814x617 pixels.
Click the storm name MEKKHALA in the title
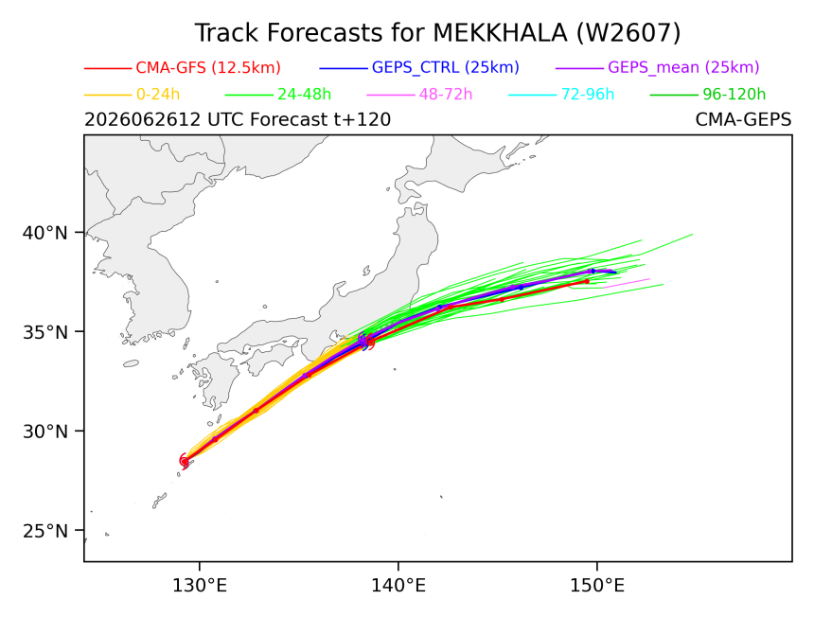coord(501,33)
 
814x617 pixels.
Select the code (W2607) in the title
coord(628,33)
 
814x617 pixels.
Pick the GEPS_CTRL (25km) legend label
coord(446,67)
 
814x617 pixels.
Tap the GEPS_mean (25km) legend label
coord(683,67)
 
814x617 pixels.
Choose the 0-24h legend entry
coord(158,95)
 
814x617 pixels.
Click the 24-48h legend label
coord(304,95)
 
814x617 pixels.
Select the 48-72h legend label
coord(446,95)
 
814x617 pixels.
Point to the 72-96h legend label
coord(588,95)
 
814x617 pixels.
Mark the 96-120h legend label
coord(734,95)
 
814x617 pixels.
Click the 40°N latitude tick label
coord(45,233)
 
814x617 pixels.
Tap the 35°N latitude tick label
coord(45,332)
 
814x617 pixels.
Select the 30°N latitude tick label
coord(45,432)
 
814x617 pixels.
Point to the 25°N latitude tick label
coord(45,531)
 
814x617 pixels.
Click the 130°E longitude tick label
coord(200,586)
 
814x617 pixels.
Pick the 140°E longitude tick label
coord(398,586)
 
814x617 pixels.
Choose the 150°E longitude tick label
coord(597,586)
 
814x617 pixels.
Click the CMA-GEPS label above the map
coord(743,120)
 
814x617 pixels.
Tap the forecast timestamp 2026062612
coord(142,120)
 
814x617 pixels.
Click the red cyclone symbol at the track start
coord(185,460)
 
